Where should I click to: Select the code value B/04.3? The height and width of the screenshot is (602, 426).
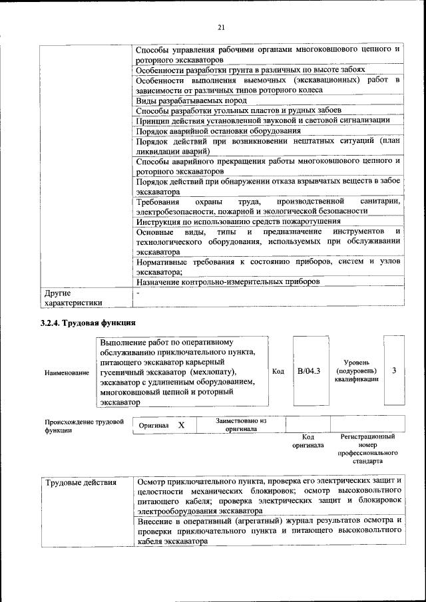pos(308,371)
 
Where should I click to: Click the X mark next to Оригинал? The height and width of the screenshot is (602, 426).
pos(181,424)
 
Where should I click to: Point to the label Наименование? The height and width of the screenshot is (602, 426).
pos(67,373)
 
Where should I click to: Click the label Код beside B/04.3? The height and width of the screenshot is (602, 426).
pos(279,371)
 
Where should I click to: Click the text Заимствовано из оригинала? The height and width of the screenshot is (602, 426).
pos(241,424)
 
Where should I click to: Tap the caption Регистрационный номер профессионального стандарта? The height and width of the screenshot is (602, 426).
pos(367,448)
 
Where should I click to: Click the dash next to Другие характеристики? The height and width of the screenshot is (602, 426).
pos(138,293)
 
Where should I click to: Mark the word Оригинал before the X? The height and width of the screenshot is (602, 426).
pos(154,424)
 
